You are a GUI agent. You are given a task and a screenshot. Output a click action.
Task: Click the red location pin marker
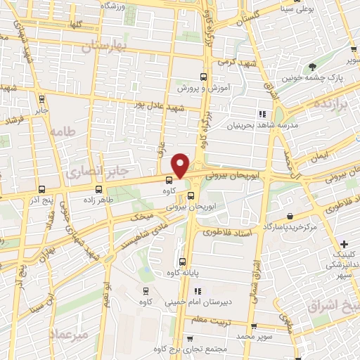pyautogui.click(x=181, y=165)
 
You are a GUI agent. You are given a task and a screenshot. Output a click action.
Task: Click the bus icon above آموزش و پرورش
pyautogui.click(x=203, y=77)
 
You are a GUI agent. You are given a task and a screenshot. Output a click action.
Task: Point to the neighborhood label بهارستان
pyautogui.click(x=108, y=47)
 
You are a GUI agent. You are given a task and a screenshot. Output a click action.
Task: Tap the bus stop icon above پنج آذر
pyautogui.click(x=42, y=189)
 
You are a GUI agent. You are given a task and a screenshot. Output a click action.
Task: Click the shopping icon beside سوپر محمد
pyautogui.click(x=253, y=327)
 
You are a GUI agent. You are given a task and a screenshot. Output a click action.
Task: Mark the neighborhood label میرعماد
pyautogui.click(x=70, y=335)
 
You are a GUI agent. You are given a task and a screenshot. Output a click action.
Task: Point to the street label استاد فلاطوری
pyautogui.click(x=229, y=232)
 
